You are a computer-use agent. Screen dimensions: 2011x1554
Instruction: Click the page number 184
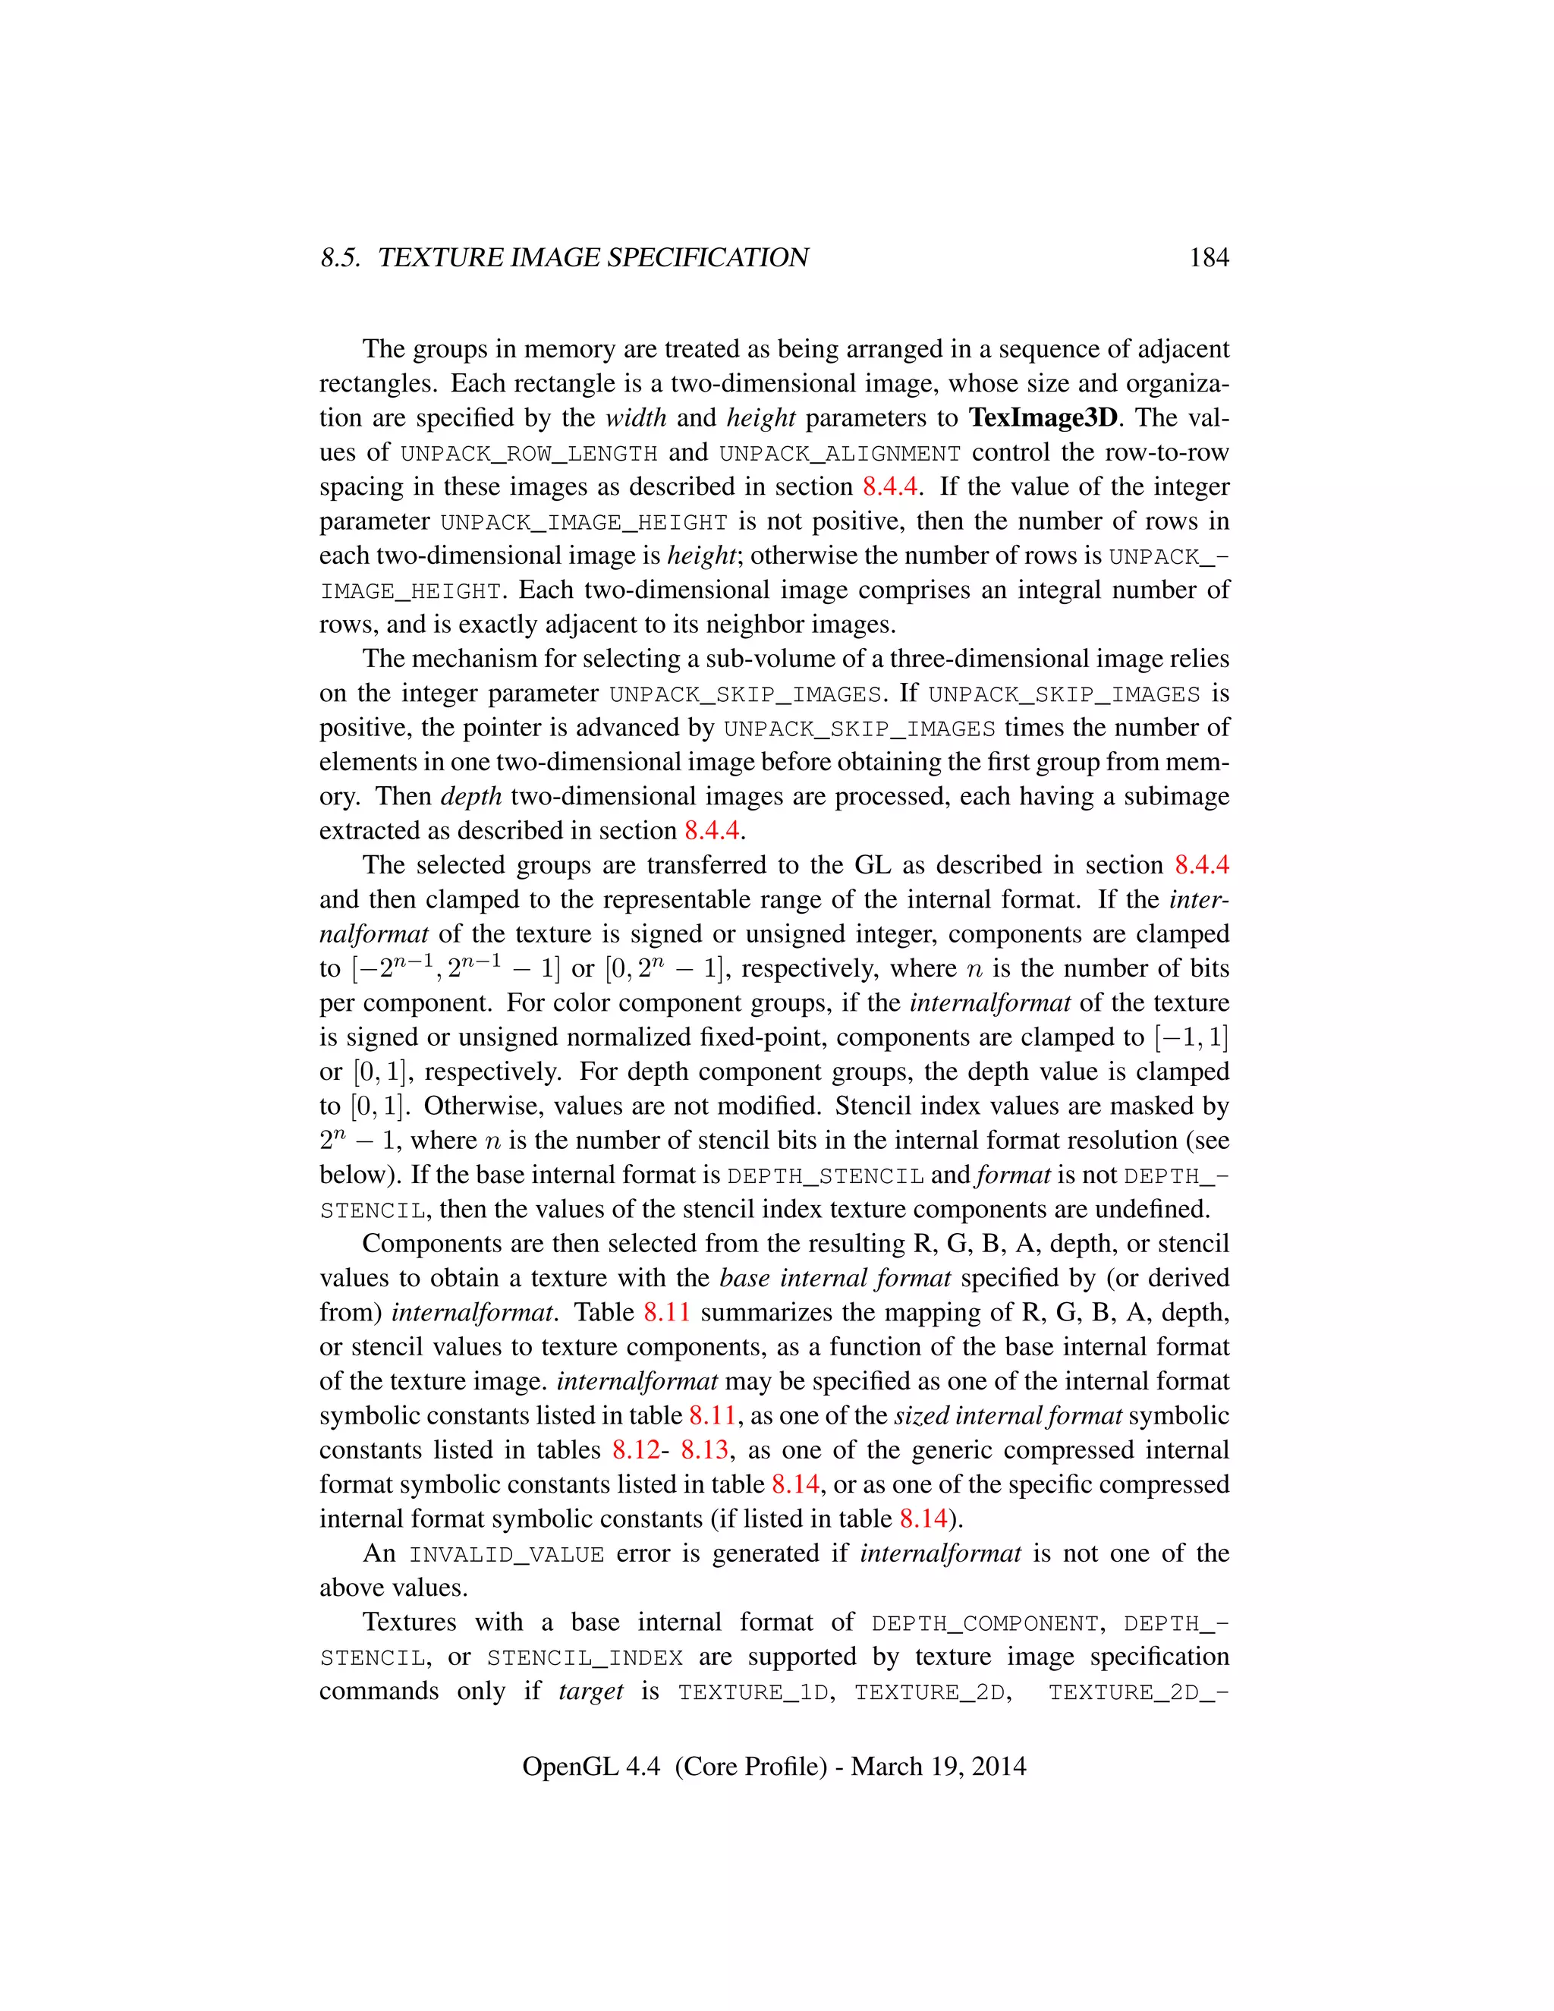[x=1209, y=258]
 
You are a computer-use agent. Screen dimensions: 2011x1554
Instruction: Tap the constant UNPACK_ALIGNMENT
[x=840, y=454]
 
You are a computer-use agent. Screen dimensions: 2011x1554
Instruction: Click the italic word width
[x=636, y=418]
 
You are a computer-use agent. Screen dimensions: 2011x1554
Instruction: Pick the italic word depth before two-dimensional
[x=471, y=797]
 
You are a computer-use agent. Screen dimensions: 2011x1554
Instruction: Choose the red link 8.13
[x=704, y=1450]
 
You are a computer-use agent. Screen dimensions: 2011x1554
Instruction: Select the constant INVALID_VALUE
[x=506, y=1555]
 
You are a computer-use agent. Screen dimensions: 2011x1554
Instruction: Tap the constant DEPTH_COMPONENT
[x=985, y=1624]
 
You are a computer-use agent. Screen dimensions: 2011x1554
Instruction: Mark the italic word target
[x=591, y=1692]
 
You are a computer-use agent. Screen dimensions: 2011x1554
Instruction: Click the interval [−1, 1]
[x=1191, y=1037]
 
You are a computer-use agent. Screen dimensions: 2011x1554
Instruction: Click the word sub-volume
[x=732, y=659]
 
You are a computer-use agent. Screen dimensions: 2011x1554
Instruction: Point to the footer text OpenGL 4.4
[x=590, y=1766]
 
